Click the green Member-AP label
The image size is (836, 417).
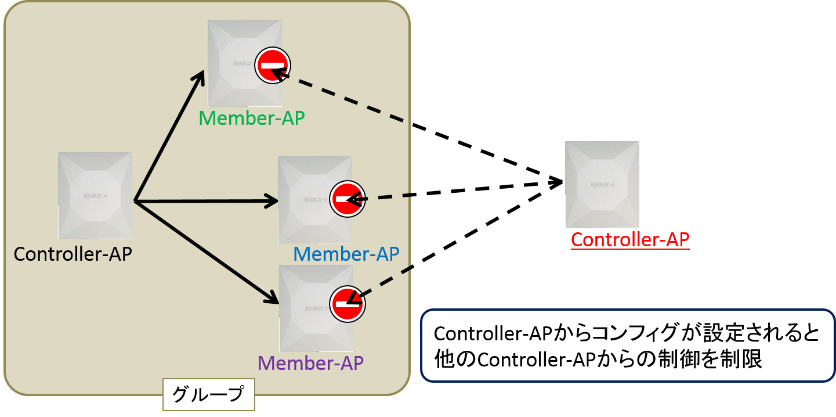[x=251, y=118]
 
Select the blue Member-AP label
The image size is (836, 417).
[x=346, y=254]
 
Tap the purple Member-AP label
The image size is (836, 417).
[x=310, y=363]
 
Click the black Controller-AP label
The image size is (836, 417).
[x=73, y=254]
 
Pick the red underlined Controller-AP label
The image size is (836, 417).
[x=630, y=239]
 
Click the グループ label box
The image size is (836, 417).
[x=208, y=395]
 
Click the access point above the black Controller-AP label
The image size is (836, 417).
[x=95, y=195]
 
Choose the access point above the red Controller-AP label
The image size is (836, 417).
[x=602, y=184]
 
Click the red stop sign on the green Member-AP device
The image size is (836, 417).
[x=273, y=65]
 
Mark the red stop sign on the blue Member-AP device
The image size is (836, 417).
[x=348, y=199]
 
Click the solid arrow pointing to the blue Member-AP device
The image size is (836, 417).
[x=206, y=202]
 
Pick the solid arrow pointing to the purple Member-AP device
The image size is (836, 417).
[x=206, y=251]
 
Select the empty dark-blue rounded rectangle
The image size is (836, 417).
[x=628, y=346]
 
